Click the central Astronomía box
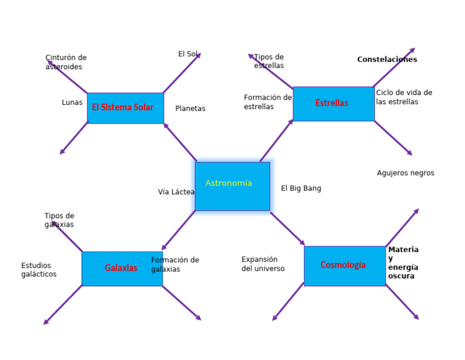click(x=232, y=186)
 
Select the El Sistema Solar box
click(x=125, y=108)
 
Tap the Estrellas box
click(x=333, y=104)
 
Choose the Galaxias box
click(x=122, y=268)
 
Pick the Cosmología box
click(x=344, y=265)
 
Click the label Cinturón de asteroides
click(x=66, y=62)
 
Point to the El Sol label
click(x=188, y=54)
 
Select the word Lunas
click(x=72, y=102)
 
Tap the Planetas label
click(x=190, y=108)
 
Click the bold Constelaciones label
click(x=387, y=59)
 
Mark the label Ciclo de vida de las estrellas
click(x=404, y=97)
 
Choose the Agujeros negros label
click(x=405, y=173)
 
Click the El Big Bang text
click(x=301, y=188)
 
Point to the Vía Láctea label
click(x=176, y=192)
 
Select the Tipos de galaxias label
click(x=59, y=220)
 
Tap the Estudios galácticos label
click(x=39, y=270)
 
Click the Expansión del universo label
click(x=263, y=264)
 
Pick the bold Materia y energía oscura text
click(x=403, y=262)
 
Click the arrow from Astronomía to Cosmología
click(x=287, y=228)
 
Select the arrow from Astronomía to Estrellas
click(x=277, y=140)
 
